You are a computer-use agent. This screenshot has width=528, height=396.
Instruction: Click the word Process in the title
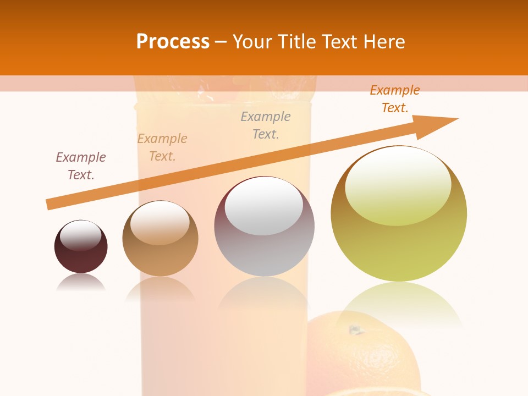[x=173, y=42]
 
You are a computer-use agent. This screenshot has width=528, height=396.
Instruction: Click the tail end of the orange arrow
[x=48, y=205]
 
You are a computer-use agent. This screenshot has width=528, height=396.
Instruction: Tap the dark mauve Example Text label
[x=81, y=166]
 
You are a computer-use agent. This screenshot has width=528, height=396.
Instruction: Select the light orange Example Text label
[x=162, y=147]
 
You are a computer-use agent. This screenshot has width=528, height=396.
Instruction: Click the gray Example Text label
[x=266, y=125]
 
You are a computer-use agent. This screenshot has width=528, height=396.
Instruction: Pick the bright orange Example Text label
[x=395, y=99]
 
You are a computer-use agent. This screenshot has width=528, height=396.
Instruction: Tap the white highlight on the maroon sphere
[x=80, y=235]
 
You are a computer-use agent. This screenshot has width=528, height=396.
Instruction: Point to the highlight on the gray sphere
[x=264, y=206]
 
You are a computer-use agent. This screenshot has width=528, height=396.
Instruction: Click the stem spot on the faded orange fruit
[x=355, y=330]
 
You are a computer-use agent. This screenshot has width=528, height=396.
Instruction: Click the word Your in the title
[x=254, y=42]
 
